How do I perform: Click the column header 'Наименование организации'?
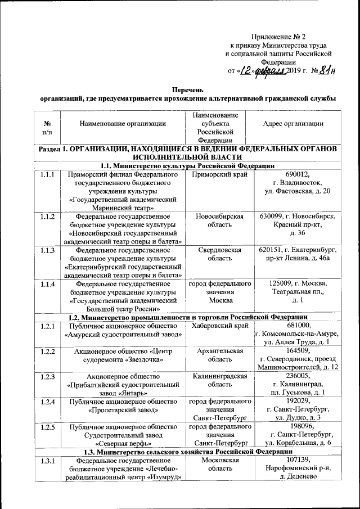(123, 123)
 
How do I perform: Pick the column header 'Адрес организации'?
(293, 123)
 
